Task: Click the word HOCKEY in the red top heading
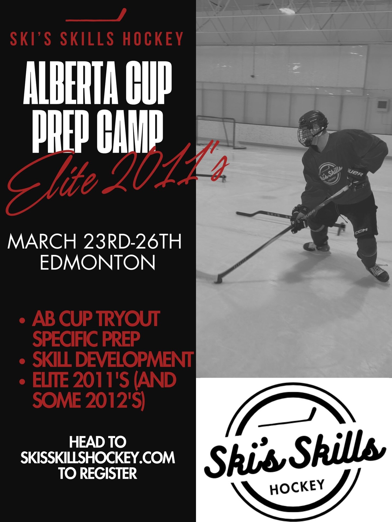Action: coord(153,39)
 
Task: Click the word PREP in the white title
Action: coord(59,133)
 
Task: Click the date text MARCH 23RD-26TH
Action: coord(94,242)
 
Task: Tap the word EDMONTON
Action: coord(97,262)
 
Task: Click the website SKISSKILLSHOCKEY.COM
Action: coord(97,458)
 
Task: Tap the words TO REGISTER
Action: coord(97,474)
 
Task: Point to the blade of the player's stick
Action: coord(219,280)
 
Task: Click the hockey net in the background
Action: coord(219,132)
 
